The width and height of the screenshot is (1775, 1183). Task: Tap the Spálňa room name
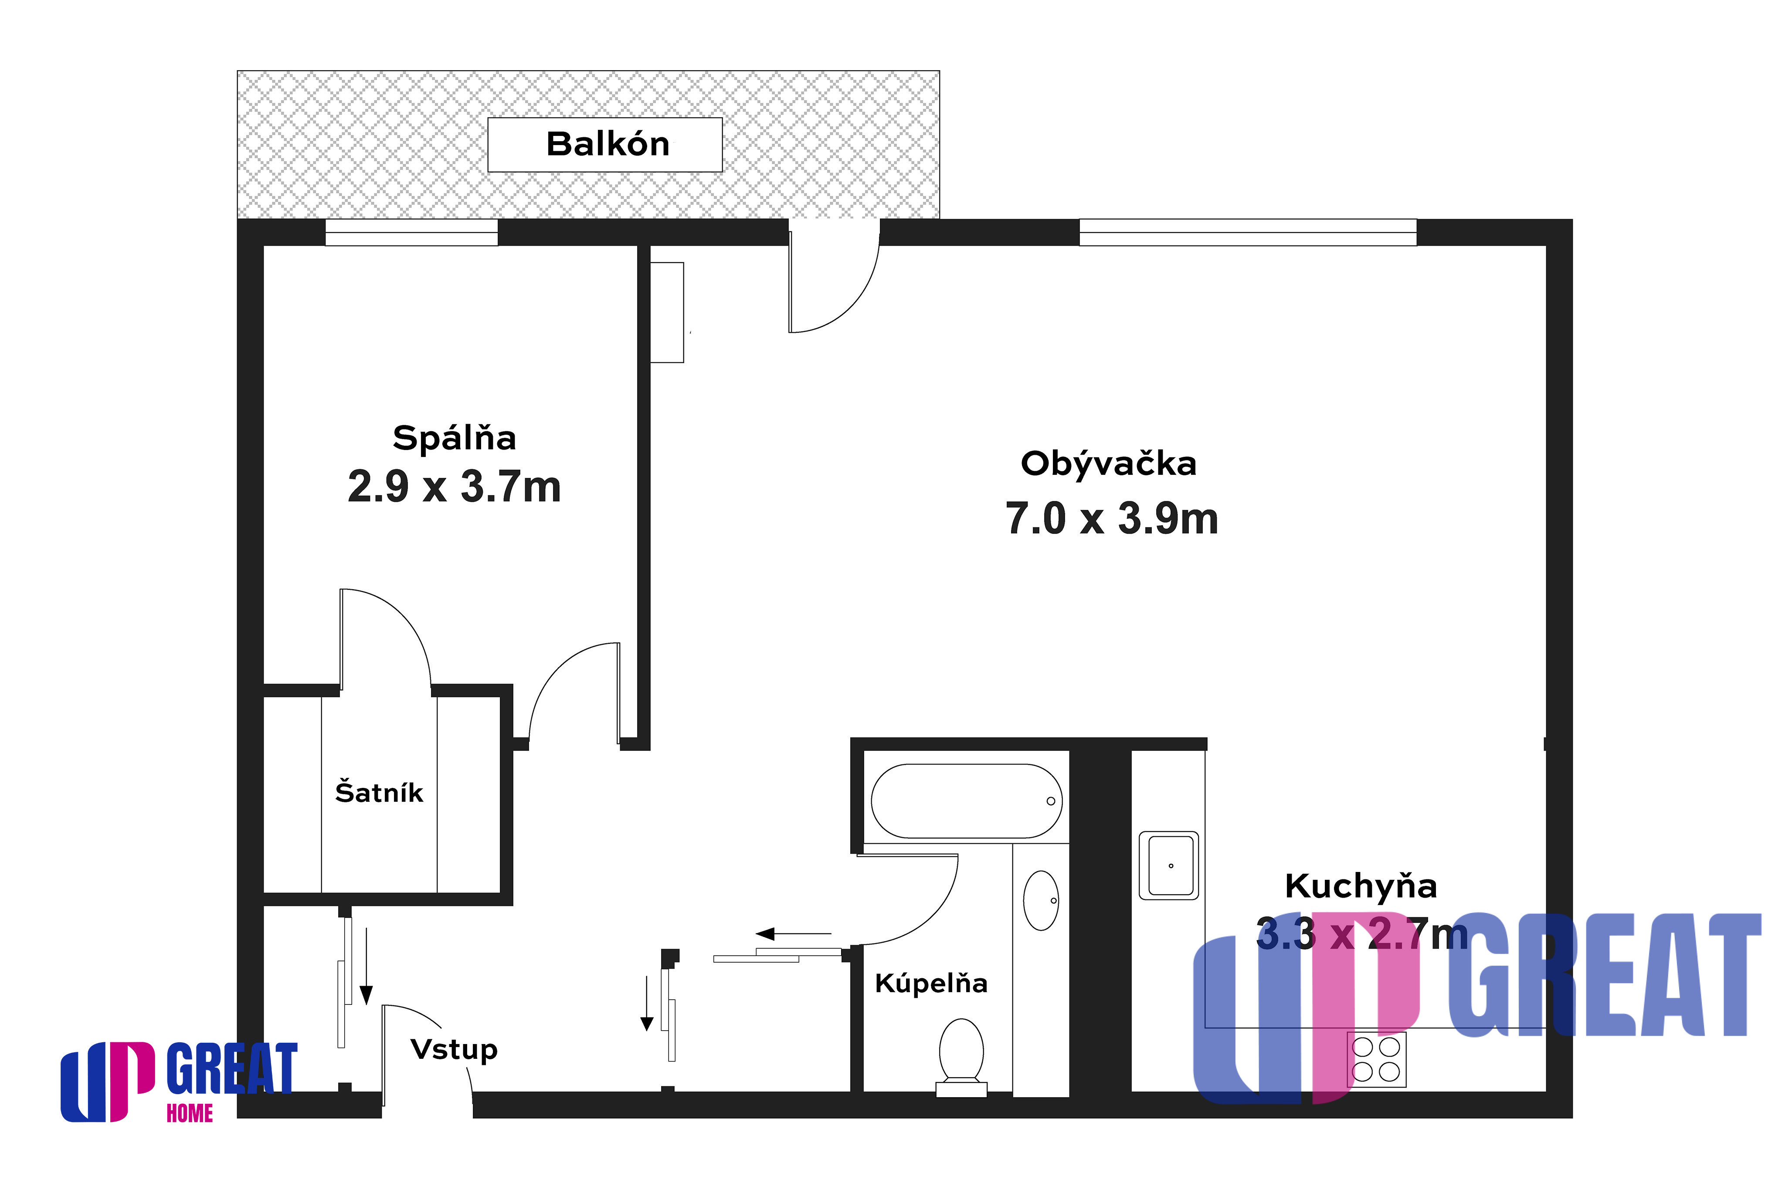pos(454,438)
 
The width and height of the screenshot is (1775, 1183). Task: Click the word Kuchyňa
pos(1361,886)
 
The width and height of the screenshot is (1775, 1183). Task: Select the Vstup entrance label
pos(454,1049)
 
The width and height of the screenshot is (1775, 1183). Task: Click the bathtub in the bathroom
pos(967,801)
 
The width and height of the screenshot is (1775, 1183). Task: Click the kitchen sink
pos(1169,865)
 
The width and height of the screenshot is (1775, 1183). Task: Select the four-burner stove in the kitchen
pos(1377,1059)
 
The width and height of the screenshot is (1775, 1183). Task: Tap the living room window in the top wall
pos(1248,233)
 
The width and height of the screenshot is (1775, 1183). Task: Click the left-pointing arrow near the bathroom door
pos(793,934)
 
